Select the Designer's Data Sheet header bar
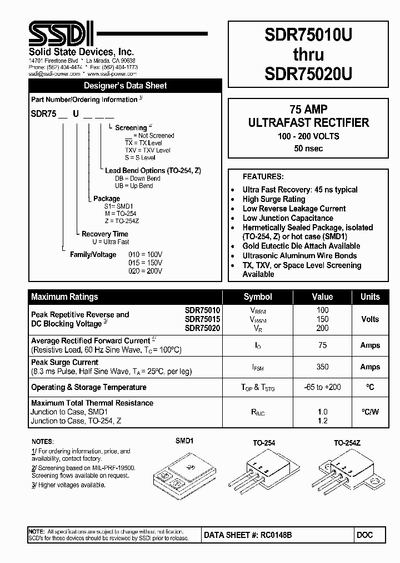click(125, 86)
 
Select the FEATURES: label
click(263, 176)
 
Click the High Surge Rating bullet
click(273, 199)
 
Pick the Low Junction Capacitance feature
click(287, 218)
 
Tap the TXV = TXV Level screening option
click(147, 150)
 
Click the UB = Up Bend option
click(134, 186)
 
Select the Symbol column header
click(258, 297)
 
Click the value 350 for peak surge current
click(322, 367)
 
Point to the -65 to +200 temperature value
click(322, 387)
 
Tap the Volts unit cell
click(370, 319)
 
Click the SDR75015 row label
click(202, 319)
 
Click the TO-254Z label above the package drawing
click(347, 443)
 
